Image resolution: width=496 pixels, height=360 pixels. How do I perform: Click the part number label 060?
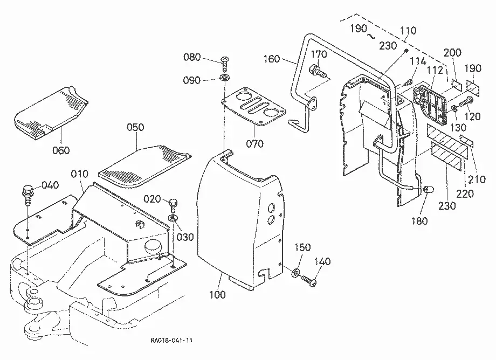click(61, 150)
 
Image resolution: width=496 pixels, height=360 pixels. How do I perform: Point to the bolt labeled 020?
click(174, 206)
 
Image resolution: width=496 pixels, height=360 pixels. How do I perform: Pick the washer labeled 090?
click(225, 78)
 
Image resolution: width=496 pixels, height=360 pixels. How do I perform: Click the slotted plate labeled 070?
click(253, 107)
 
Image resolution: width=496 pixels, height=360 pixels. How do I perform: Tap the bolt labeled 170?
click(317, 71)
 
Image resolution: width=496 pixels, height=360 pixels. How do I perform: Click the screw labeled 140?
click(309, 281)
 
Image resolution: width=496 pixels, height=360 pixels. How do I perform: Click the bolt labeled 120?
click(466, 102)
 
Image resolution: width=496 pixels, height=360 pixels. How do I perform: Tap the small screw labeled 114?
click(408, 82)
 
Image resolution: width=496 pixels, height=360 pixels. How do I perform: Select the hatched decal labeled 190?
click(473, 87)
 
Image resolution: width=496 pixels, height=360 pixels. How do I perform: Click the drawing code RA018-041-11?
click(171, 341)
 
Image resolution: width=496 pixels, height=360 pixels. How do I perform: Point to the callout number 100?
click(218, 295)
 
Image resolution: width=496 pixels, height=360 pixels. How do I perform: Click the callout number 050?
click(135, 127)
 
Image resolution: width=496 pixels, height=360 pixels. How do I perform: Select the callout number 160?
click(272, 59)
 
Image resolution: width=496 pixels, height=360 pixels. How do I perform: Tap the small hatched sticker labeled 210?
click(466, 141)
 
